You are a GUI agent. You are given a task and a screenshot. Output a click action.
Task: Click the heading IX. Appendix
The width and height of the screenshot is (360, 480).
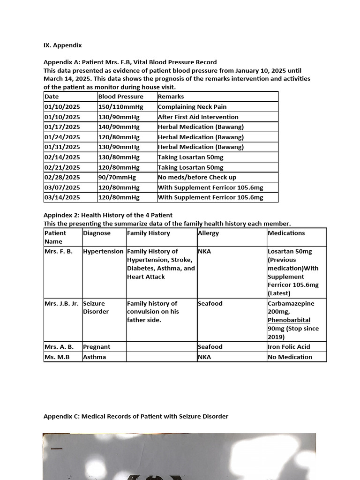(x=62, y=45)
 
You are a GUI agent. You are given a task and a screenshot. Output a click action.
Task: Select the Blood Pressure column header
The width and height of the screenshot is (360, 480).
(x=120, y=97)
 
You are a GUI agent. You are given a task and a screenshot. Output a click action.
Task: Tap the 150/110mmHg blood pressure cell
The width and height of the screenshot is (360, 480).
(x=119, y=107)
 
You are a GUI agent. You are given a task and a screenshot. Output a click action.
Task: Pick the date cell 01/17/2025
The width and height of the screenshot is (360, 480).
(x=62, y=127)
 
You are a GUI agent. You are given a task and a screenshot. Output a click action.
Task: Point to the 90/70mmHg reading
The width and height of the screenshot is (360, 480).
(x=117, y=177)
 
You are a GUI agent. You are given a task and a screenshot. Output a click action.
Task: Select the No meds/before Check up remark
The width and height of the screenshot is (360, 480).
(x=197, y=177)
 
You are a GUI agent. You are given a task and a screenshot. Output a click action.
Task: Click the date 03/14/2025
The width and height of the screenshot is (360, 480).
(x=62, y=197)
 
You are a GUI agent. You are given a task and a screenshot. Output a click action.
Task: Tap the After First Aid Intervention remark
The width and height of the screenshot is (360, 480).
(x=198, y=117)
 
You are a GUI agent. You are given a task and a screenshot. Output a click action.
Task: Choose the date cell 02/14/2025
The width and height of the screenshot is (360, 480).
(x=62, y=157)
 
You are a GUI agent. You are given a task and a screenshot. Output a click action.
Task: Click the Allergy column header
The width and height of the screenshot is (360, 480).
(x=208, y=233)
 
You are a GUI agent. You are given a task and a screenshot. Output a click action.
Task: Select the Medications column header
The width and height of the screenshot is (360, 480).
(x=286, y=233)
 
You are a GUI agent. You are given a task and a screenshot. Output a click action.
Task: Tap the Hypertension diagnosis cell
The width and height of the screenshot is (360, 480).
(x=103, y=251)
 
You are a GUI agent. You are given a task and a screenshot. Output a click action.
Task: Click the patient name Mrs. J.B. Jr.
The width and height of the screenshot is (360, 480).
(x=61, y=303)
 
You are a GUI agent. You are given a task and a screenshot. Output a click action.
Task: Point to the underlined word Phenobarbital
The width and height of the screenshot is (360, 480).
(x=289, y=320)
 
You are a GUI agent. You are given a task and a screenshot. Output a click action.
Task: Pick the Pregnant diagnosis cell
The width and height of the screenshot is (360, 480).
(x=97, y=347)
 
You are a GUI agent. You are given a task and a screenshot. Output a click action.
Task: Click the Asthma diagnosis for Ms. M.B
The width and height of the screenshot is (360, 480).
(x=94, y=357)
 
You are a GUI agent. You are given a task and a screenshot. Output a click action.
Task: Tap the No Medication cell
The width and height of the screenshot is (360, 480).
(x=290, y=357)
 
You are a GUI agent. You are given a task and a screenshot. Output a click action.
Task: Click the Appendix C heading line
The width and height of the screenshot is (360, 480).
(x=135, y=416)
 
